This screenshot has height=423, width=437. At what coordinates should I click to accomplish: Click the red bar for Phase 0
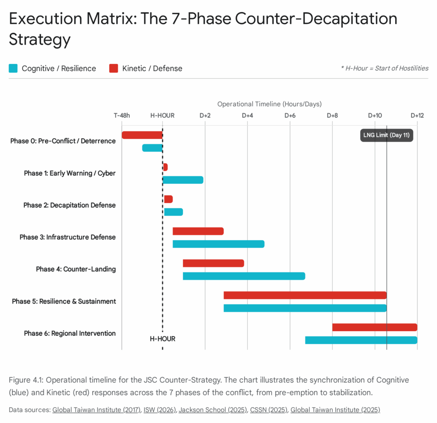142,135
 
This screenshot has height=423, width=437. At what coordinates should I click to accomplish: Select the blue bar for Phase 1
183,180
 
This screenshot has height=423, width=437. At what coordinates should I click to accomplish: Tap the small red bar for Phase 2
168,199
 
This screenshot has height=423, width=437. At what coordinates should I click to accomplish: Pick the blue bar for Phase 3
218,244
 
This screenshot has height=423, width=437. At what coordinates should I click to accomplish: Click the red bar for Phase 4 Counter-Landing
213,263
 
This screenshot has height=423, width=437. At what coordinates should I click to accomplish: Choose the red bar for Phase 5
305,295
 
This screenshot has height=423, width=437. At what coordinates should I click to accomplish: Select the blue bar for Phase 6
361,340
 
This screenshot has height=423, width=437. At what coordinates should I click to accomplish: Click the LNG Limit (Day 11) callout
387,135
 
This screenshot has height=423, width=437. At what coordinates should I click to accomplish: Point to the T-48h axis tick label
122,116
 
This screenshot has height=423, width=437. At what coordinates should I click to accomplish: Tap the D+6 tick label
290,116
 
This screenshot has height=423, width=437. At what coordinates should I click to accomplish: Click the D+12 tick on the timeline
417,116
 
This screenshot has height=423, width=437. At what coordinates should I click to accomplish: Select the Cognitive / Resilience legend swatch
13,68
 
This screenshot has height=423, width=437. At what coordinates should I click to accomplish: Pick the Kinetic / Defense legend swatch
114,68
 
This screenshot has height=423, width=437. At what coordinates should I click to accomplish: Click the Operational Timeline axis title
269,104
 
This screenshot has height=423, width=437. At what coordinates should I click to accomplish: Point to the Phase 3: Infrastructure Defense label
67,237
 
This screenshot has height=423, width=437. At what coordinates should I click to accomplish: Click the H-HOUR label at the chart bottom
163,339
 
